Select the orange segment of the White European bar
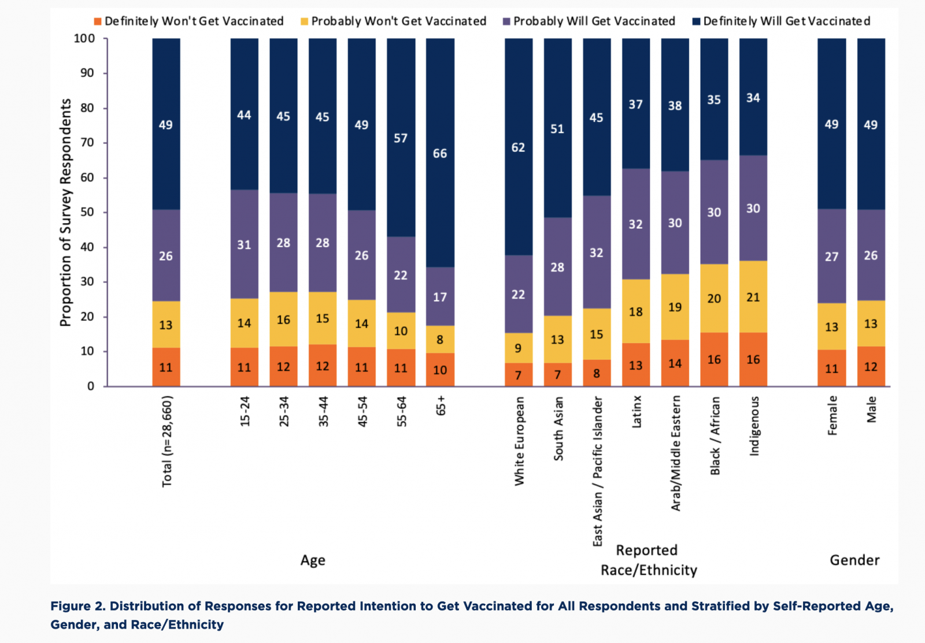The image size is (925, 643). (519, 374)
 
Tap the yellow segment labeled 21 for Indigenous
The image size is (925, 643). (753, 297)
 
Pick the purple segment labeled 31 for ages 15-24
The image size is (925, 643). (245, 244)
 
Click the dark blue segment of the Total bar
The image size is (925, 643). (166, 124)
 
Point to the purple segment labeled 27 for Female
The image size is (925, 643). (831, 256)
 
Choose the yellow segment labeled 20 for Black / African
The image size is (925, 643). (714, 298)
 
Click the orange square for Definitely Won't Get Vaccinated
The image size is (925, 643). (98, 21)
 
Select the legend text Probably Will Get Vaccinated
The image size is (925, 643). (594, 21)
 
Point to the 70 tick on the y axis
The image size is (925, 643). (87, 143)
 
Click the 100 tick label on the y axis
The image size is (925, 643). (84, 38)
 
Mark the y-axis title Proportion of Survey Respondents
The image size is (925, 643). (66, 213)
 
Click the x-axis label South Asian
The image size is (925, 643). (558, 428)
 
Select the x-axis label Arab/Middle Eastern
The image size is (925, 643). (675, 453)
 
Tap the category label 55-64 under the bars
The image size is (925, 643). (401, 411)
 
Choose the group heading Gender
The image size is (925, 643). (854, 560)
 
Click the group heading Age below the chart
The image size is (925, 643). (313, 560)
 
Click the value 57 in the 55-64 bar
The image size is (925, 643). (401, 138)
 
